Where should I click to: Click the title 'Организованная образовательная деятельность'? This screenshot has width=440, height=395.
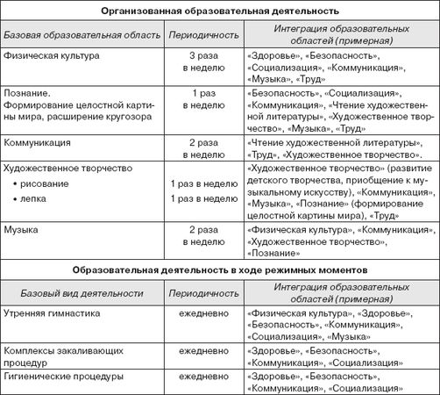tap(219, 11)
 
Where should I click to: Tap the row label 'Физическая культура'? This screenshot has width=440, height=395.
tap(51, 56)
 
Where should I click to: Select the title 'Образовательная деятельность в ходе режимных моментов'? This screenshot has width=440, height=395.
tap(219, 267)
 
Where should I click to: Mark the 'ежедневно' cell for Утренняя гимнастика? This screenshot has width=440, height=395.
tap(202, 313)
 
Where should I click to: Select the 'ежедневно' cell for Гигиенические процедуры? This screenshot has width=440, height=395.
tap(202, 377)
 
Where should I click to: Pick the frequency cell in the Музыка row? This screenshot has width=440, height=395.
tap(202, 234)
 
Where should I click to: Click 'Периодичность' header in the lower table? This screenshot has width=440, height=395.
tap(202, 291)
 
